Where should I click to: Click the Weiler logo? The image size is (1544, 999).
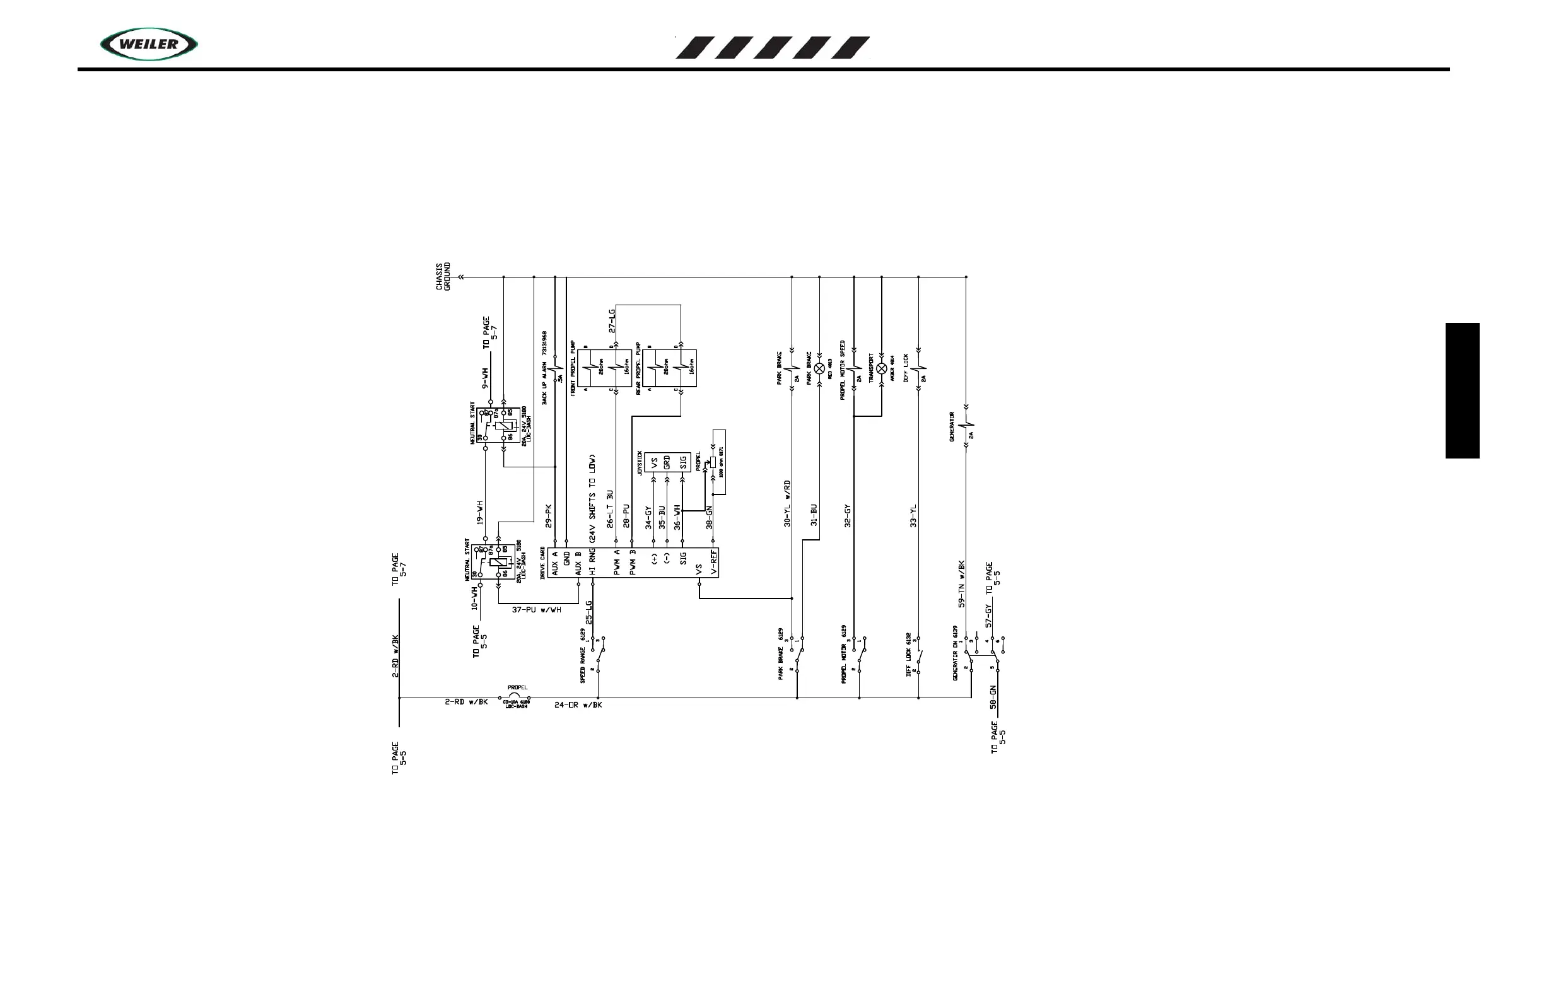149,44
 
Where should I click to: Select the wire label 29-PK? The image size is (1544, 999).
548,515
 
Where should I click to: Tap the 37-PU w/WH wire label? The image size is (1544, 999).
537,610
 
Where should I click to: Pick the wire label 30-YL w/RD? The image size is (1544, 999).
787,503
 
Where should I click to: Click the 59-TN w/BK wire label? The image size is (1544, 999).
962,584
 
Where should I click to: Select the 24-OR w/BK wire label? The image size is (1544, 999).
578,705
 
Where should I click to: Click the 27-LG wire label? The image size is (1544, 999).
611,321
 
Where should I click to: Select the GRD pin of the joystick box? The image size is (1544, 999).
667,462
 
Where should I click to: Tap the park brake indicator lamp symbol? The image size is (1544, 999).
819,368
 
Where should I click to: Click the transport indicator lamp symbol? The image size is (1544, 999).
882,368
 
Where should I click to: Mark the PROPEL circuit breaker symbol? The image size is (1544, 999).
517,698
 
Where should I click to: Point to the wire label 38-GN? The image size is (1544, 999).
709,517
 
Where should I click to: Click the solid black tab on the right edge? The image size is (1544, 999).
1462,390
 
